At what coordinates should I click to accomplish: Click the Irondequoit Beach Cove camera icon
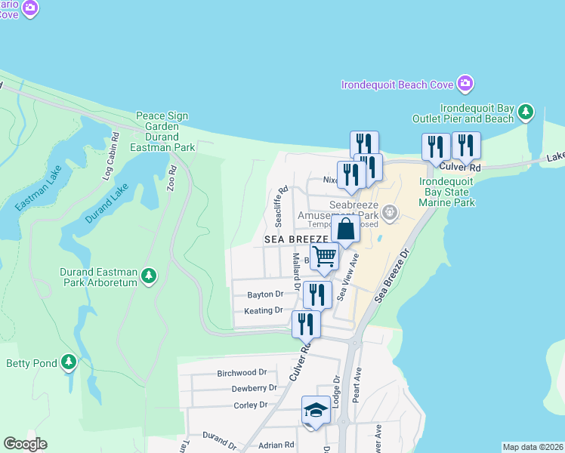tap(465, 82)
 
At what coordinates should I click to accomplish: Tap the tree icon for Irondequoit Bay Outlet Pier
tap(526, 112)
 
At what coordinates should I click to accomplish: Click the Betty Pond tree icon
tap(69, 363)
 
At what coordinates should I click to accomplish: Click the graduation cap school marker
tap(316, 410)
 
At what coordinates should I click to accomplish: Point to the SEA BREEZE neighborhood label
tap(295, 239)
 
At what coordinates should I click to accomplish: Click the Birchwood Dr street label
tap(242, 373)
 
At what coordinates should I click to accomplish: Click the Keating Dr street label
tap(263, 310)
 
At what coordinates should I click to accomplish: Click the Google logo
tap(25, 444)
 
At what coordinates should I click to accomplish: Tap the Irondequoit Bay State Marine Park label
tap(446, 192)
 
